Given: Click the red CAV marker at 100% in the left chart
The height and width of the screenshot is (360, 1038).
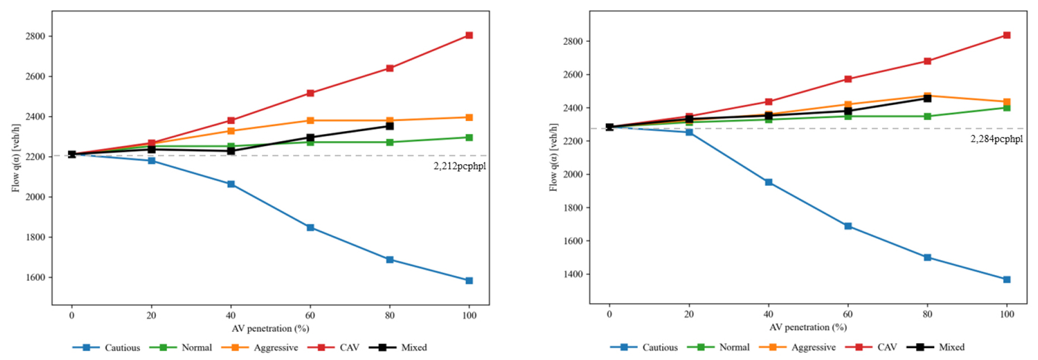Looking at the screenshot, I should pos(469,35).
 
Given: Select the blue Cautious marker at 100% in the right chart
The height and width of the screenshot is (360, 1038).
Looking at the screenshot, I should pos(1007,280).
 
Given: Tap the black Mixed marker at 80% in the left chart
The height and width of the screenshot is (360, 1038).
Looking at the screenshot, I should pos(390,126).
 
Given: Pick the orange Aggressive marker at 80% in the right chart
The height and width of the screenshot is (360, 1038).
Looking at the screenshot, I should pos(927,96).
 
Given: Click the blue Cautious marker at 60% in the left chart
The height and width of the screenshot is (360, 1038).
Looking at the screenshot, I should pos(310,228).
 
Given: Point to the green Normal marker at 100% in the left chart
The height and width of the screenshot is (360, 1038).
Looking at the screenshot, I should pos(469,137).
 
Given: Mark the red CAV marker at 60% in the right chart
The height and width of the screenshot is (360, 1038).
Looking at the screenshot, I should pos(848,79).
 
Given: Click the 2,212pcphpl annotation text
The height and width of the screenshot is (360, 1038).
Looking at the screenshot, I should pos(460,166).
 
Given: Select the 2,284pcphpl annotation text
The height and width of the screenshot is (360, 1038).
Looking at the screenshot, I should pos(997,139).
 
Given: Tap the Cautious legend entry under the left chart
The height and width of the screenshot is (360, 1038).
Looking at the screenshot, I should pos(122,348).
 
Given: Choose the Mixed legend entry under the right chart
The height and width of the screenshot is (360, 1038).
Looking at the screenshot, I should pos(951,347).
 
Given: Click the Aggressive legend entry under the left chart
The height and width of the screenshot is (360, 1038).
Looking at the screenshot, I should pos(276,348).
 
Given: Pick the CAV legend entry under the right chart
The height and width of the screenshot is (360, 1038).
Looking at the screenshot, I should pos(887,347).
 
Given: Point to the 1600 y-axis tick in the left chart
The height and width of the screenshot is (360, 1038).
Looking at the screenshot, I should pos(35,277).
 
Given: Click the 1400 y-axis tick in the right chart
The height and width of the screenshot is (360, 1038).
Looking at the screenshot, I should pos(573,274).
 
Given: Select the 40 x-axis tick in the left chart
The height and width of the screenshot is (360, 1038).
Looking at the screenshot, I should pos(231,315).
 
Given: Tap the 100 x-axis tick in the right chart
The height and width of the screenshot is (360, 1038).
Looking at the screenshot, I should pos(1007,314).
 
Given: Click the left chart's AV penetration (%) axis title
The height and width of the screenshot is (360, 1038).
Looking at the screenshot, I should pos(270,329).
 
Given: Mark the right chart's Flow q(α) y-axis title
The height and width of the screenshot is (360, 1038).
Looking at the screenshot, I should pos(553,157).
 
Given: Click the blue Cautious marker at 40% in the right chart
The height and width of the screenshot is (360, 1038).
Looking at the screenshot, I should pos(768,183).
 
